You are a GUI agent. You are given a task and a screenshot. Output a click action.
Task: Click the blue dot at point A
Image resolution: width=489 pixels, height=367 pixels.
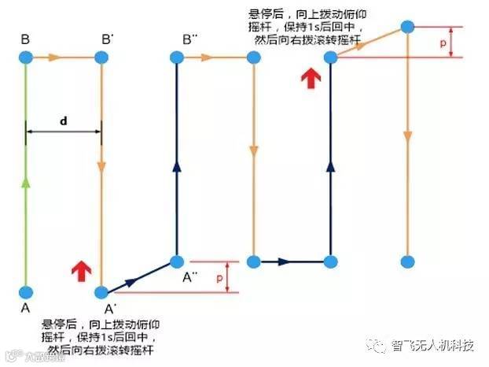tap(26, 292)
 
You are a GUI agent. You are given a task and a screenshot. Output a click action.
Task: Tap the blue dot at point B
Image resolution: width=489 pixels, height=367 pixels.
tap(26, 57)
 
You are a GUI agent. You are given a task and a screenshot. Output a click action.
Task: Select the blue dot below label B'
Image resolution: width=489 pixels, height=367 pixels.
tap(101, 57)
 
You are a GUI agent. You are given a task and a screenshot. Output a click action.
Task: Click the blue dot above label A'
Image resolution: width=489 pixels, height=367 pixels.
tap(101, 292)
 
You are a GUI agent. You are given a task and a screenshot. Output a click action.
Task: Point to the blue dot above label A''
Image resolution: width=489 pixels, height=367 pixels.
tap(178, 261)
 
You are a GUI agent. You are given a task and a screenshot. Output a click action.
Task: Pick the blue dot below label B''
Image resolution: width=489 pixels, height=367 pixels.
tap(178, 57)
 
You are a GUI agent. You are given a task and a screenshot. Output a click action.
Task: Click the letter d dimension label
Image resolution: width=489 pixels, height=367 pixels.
tap(63, 121)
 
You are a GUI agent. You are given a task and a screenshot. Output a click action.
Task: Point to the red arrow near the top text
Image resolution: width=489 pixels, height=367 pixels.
tap(312, 76)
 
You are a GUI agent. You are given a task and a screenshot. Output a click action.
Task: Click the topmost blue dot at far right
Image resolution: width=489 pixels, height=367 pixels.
tap(407, 27)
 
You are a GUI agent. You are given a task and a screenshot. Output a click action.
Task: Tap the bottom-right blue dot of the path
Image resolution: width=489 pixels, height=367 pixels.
tap(407, 261)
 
